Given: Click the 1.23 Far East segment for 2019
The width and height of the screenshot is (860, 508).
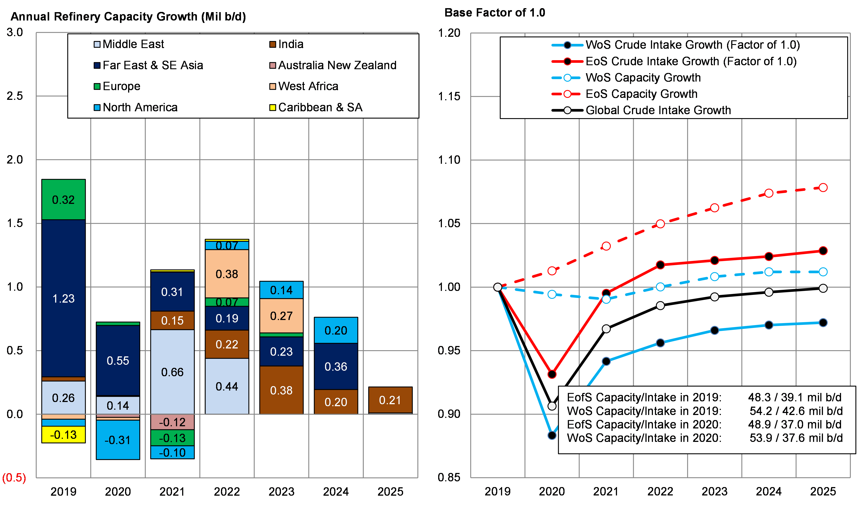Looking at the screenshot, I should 63,298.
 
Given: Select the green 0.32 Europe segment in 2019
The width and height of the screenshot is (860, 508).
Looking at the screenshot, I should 63,200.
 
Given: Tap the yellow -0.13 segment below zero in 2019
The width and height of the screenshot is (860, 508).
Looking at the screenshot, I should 63,435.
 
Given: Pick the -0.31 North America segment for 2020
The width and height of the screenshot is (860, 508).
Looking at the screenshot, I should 118,440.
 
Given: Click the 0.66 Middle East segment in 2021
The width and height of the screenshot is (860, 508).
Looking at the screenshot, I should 172,372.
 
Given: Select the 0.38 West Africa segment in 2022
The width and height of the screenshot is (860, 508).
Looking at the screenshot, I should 227,274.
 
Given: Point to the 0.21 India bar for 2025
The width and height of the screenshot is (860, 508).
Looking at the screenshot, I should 390,400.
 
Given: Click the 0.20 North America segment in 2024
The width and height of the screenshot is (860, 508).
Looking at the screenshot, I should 336,330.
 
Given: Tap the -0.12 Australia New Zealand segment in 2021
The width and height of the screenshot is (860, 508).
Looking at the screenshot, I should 172,422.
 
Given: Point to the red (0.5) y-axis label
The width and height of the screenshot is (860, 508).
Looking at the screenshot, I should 14,478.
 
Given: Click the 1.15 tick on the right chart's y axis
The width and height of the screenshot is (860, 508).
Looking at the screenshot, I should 449,97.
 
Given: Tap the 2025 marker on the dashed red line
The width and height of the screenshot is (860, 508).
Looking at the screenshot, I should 823,188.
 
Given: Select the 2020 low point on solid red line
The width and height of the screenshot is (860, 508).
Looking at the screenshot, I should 552,374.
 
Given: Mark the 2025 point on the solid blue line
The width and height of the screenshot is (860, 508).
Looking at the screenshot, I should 823,322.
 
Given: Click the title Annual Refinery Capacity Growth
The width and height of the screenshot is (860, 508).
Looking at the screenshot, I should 128,17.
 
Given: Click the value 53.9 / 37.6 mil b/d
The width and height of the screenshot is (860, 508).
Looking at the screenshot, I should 796,438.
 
